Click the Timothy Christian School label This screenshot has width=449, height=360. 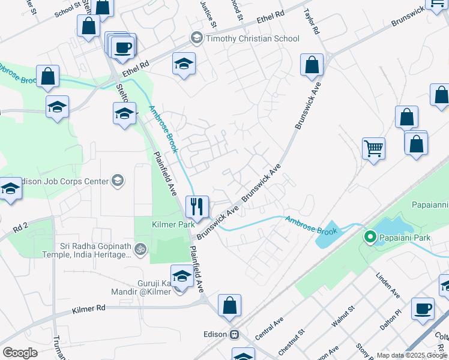[252, 38]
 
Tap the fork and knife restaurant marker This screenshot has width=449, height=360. [197, 207]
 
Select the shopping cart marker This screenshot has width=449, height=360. [373, 147]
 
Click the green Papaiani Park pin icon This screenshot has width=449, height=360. [370, 237]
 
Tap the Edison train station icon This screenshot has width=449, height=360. [236, 334]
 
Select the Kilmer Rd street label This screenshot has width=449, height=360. [88, 308]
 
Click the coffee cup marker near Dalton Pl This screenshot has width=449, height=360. [423, 308]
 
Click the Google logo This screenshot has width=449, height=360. [20, 353]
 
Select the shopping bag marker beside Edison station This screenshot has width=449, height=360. [229, 305]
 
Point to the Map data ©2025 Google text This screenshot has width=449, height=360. [411, 355]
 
